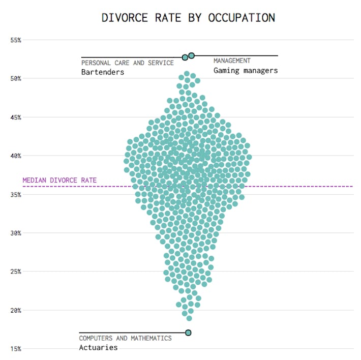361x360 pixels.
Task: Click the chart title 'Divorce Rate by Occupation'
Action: click(188, 17)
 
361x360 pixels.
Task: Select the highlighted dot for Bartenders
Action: click(185, 57)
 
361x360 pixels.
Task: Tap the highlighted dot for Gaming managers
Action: click(191, 55)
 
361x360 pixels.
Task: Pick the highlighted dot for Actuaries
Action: click(188, 333)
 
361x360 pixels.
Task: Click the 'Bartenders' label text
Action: click(103, 72)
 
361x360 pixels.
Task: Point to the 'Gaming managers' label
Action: click(246, 71)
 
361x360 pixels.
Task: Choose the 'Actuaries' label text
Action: click(98, 348)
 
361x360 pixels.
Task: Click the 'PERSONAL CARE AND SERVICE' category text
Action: click(127, 63)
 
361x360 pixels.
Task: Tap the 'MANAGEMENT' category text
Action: click(232, 61)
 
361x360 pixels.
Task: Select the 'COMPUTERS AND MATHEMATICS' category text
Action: click(125, 338)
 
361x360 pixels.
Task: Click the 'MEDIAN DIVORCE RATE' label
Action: click(59, 181)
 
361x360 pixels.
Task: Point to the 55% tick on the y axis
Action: click(16, 40)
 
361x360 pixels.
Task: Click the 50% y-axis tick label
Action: click(16, 78)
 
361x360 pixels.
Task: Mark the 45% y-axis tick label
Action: click(16, 117)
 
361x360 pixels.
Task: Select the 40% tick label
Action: click(16, 156)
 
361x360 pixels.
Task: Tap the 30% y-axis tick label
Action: click(16, 233)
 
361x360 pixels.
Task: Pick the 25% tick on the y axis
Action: click(16, 272)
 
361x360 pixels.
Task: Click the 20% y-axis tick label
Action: click(16, 311)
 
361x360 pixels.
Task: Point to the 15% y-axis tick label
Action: click(16, 349)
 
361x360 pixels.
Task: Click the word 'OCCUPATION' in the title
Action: click(242, 17)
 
